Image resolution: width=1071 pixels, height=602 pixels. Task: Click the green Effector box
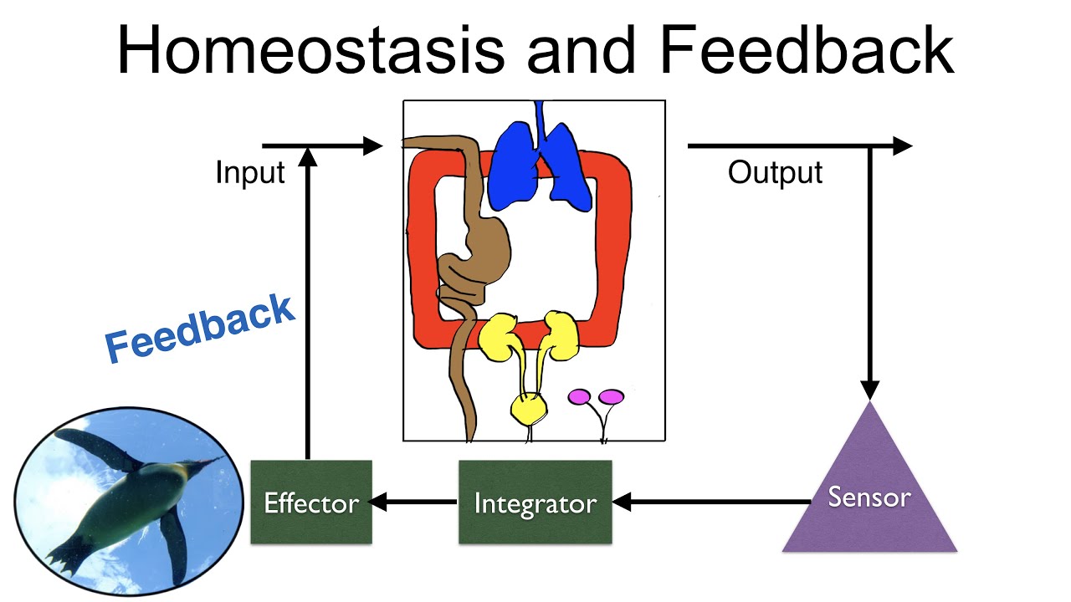point(311,503)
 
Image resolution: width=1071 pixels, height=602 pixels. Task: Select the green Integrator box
point(535,503)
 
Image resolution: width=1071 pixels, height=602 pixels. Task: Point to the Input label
point(250,173)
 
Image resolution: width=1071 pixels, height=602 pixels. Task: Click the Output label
point(775,173)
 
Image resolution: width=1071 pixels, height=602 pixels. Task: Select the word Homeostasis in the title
point(310,50)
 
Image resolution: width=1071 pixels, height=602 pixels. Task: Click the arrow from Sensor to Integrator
point(711,503)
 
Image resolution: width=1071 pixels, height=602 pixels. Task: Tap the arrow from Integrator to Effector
point(415,503)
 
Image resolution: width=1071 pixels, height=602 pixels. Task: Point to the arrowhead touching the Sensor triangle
point(870,390)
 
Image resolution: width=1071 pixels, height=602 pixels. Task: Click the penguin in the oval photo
point(134,502)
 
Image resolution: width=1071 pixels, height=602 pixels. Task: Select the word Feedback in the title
point(807,50)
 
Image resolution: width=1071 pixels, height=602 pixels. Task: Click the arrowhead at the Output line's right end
point(902,146)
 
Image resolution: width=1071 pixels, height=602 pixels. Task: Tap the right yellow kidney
point(560,331)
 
